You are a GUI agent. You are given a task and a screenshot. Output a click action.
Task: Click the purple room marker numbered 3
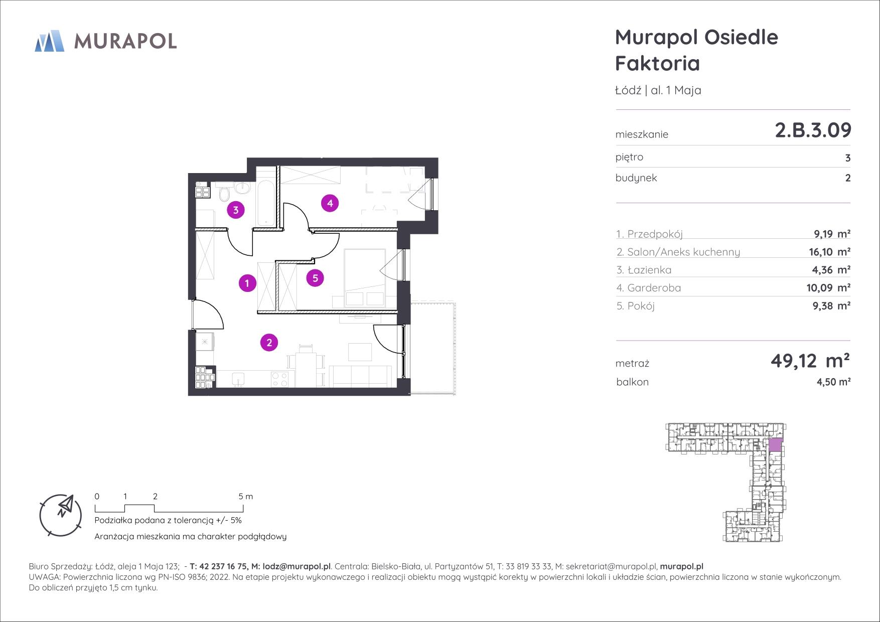[x=236, y=210]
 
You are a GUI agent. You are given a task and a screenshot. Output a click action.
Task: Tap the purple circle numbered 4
[x=330, y=203]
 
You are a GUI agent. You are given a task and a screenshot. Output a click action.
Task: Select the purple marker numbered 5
[x=315, y=277]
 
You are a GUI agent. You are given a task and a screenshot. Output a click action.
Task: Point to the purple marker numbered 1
[x=247, y=283]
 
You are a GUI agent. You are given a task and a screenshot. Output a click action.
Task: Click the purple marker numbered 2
[x=269, y=343]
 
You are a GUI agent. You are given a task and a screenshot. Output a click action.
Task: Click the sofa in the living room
[x=360, y=376]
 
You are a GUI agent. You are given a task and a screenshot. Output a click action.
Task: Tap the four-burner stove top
[x=279, y=379]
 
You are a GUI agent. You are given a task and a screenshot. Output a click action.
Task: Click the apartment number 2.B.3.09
[x=813, y=130]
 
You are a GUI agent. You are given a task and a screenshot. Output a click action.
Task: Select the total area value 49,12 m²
[x=810, y=360]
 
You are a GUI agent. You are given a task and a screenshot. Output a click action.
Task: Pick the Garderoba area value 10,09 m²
[x=831, y=288]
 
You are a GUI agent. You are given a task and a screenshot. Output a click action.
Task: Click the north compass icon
[x=61, y=514]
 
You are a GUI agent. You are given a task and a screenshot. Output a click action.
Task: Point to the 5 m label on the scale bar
[x=245, y=497]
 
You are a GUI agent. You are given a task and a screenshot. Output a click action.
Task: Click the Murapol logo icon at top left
[x=49, y=41]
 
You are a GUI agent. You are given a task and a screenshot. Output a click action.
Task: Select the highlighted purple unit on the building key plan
[x=775, y=444]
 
